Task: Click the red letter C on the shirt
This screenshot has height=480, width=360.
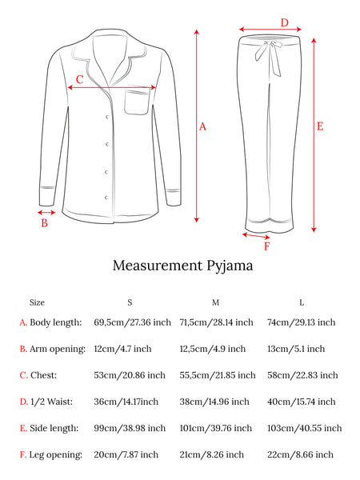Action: coord(79,79)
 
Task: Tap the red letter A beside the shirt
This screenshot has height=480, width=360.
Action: coord(202,126)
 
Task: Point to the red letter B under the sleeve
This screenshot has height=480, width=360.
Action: coord(44,223)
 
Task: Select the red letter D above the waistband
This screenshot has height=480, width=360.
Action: coord(285,22)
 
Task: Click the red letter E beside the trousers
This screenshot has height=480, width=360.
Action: coord(320,126)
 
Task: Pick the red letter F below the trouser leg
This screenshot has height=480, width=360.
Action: coord(267,246)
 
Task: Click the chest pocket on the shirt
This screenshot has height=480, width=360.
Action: coord(137,102)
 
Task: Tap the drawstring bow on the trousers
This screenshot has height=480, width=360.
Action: coord(269,57)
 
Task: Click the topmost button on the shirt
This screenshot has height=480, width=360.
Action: coord(107,117)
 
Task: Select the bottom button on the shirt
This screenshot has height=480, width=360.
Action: coord(106,198)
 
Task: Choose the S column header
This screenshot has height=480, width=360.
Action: coord(130,302)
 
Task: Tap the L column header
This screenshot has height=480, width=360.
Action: coord(302,302)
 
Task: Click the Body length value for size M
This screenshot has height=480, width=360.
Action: coord(217,322)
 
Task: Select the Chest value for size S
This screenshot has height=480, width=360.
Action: coord(130,375)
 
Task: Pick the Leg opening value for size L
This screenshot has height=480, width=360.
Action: coord(300,454)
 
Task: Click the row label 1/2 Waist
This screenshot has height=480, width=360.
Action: coord(52,402)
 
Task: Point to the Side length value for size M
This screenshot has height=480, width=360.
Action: coord(216,428)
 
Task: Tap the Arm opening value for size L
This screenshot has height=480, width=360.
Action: coord(296,349)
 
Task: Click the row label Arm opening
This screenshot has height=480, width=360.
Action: coord(58,350)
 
